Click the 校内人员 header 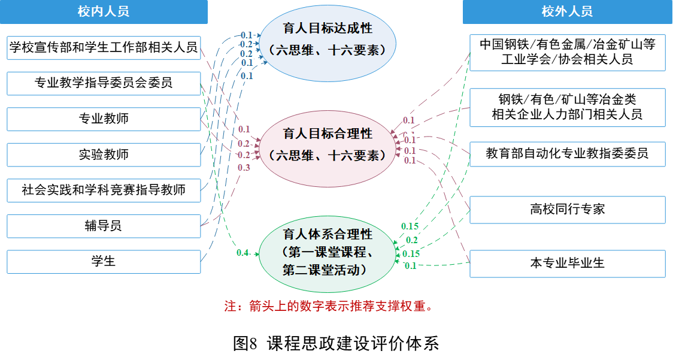tap(104, 11)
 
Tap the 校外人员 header tap(567, 11)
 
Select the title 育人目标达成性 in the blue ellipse tap(328, 29)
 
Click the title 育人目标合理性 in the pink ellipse tap(328, 133)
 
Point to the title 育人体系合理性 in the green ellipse tap(328, 234)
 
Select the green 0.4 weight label tap(242, 253)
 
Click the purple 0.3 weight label tap(244, 168)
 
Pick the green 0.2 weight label tap(412, 240)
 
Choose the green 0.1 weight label tap(411, 265)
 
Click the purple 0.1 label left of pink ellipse tap(244, 129)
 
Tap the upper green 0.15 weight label tap(410, 226)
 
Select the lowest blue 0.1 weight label tap(247, 76)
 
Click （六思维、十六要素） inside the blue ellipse tap(328, 50)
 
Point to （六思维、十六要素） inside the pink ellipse tap(328, 156)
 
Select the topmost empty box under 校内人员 tap(104, 48)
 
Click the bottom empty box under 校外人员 tap(567, 264)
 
